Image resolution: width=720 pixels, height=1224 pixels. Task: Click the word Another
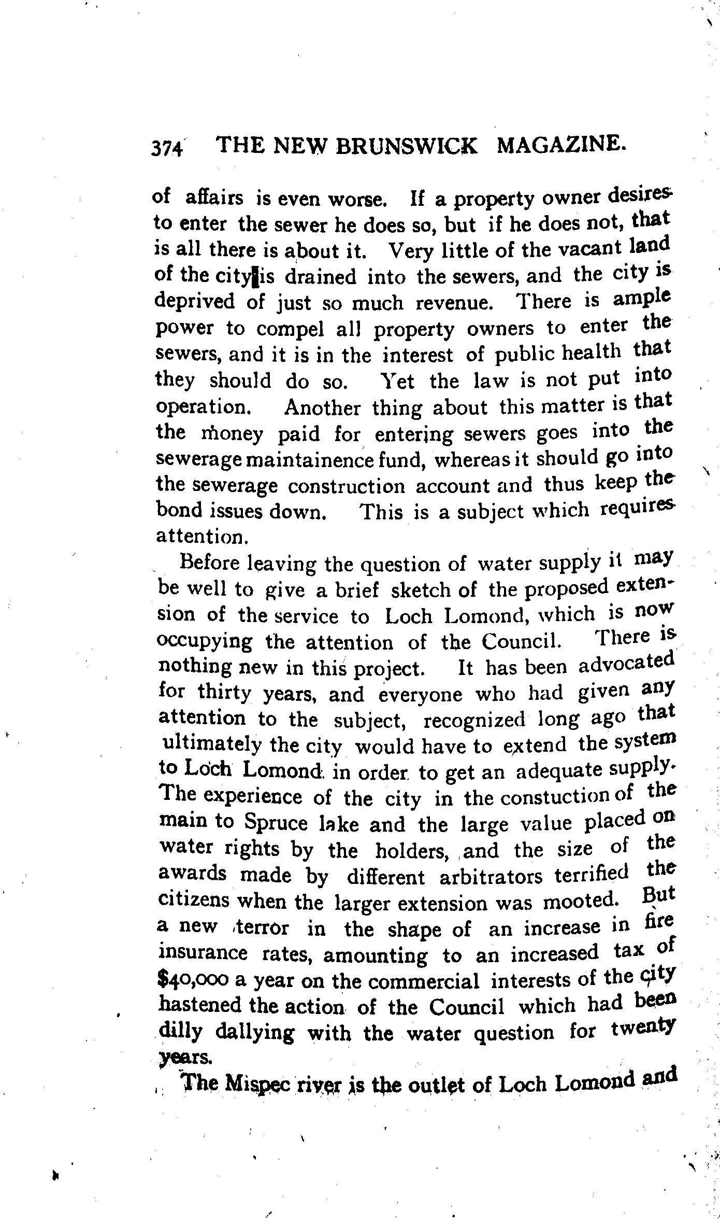[x=322, y=407]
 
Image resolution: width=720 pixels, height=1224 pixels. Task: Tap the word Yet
[x=397, y=382]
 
